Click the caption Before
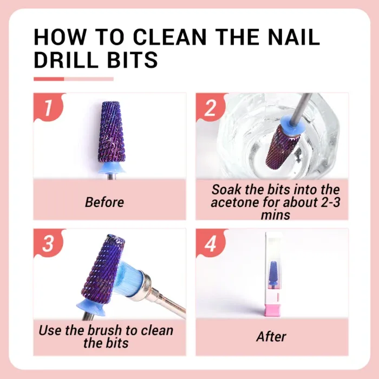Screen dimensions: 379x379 click(x=104, y=202)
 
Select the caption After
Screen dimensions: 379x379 click(x=271, y=336)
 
